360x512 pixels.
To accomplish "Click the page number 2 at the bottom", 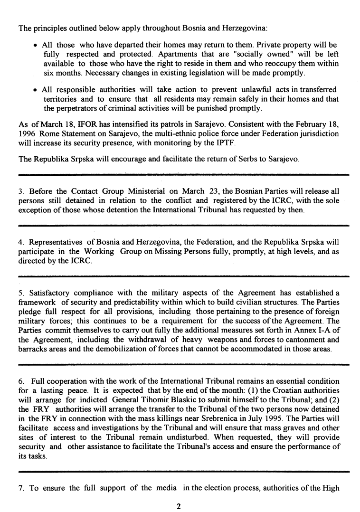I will pos(179,506).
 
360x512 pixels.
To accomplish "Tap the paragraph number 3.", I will pos(21,192).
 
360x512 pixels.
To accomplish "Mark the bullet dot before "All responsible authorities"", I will pos(36,90).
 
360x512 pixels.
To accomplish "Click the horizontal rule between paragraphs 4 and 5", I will pos(184,276).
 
